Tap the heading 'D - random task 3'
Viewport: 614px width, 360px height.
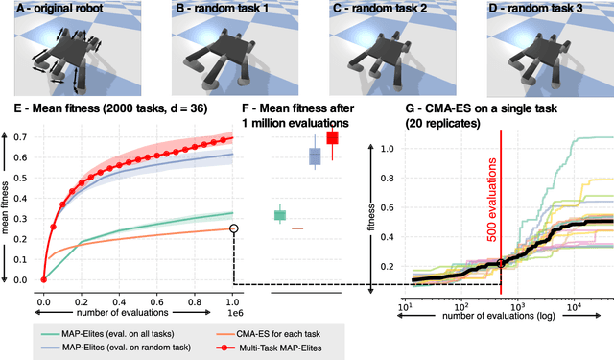point(536,10)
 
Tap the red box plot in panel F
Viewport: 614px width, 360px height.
point(333,139)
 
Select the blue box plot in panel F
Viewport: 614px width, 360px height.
point(314,156)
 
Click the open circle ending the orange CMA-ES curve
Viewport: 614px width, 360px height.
point(233,228)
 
